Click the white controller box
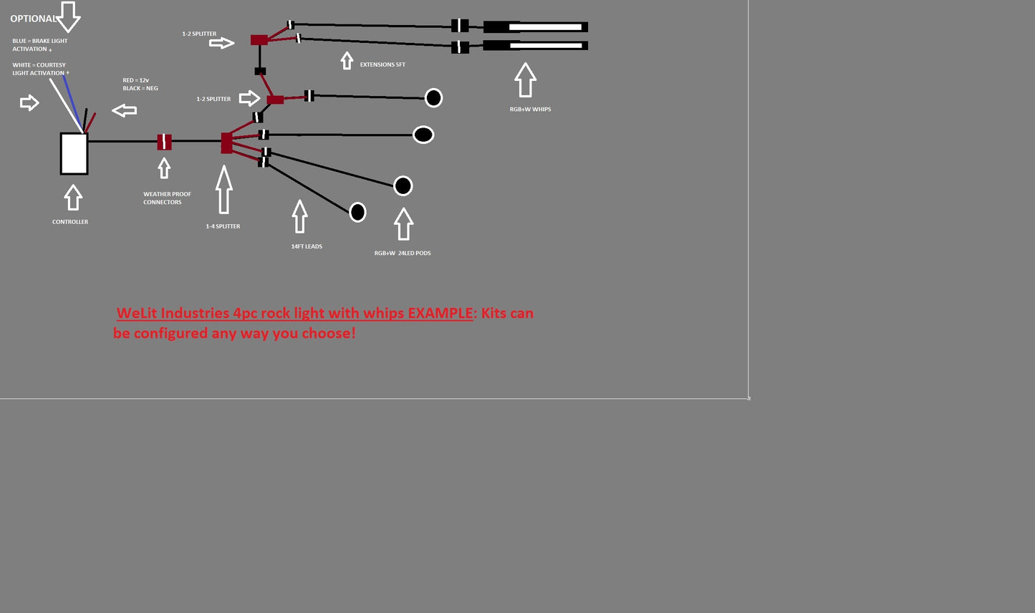point(74,154)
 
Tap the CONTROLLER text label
point(70,222)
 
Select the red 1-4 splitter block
point(226,143)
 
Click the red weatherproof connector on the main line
point(164,142)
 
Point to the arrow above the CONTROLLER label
point(73,198)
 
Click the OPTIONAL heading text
point(33,19)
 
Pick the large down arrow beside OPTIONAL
point(68,16)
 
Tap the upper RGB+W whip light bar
point(536,27)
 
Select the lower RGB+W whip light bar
point(536,46)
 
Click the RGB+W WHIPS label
point(531,110)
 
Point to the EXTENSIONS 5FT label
point(382,64)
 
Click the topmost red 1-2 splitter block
point(259,39)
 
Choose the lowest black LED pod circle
point(357,213)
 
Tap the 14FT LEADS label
point(307,246)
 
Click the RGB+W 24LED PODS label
point(403,253)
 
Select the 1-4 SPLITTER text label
point(223,226)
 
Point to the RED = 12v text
point(136,80)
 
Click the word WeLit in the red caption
point(137,313)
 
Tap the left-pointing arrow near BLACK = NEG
point(125,110)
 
